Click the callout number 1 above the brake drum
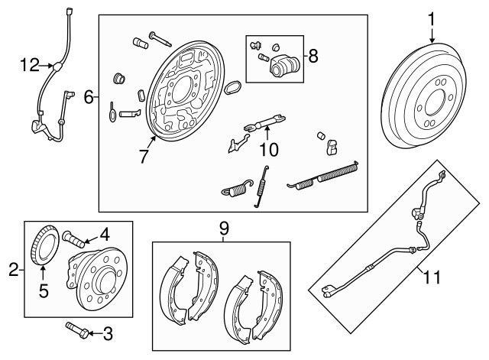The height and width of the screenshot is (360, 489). pos(432,19)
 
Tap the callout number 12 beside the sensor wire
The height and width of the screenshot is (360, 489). pos(30,65)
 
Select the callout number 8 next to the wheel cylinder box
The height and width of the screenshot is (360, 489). pos(313,56)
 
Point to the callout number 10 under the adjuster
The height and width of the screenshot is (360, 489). pos(269,150)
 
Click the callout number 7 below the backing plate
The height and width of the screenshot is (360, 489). pos(144,157)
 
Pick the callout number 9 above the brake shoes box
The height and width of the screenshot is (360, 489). pos(224,228)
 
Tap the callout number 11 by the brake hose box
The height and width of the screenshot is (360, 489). pos(432,277)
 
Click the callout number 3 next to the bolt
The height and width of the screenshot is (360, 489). pos(108,334)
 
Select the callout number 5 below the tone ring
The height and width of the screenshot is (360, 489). pos(44,291)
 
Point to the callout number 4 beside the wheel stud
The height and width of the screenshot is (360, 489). pos(105,235)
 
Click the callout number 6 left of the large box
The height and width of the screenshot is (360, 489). pos(89,98)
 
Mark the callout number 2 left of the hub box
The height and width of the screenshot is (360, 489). pos(14,270)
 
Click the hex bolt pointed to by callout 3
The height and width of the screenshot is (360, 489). pos(76,330)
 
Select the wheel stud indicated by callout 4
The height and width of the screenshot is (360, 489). pos(73,239)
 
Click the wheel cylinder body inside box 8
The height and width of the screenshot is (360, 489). pos(284,65)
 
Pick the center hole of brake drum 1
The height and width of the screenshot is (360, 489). pos(434,102)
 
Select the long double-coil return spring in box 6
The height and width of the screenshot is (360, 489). pos(322,178)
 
